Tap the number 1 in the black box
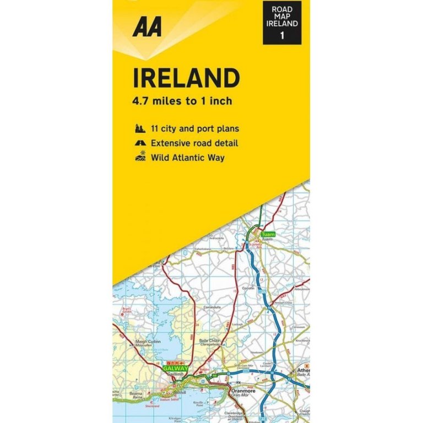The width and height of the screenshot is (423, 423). click(282, 36)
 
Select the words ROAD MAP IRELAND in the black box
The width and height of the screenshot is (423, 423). click(282, 17)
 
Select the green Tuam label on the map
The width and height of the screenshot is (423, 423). click(268, 235)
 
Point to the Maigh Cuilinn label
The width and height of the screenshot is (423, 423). click(148, 341)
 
